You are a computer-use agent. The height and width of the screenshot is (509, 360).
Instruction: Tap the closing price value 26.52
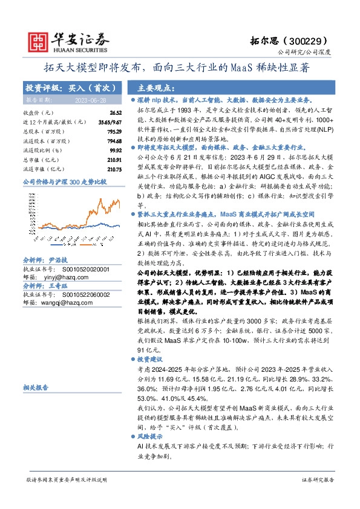tap(116, 113)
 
